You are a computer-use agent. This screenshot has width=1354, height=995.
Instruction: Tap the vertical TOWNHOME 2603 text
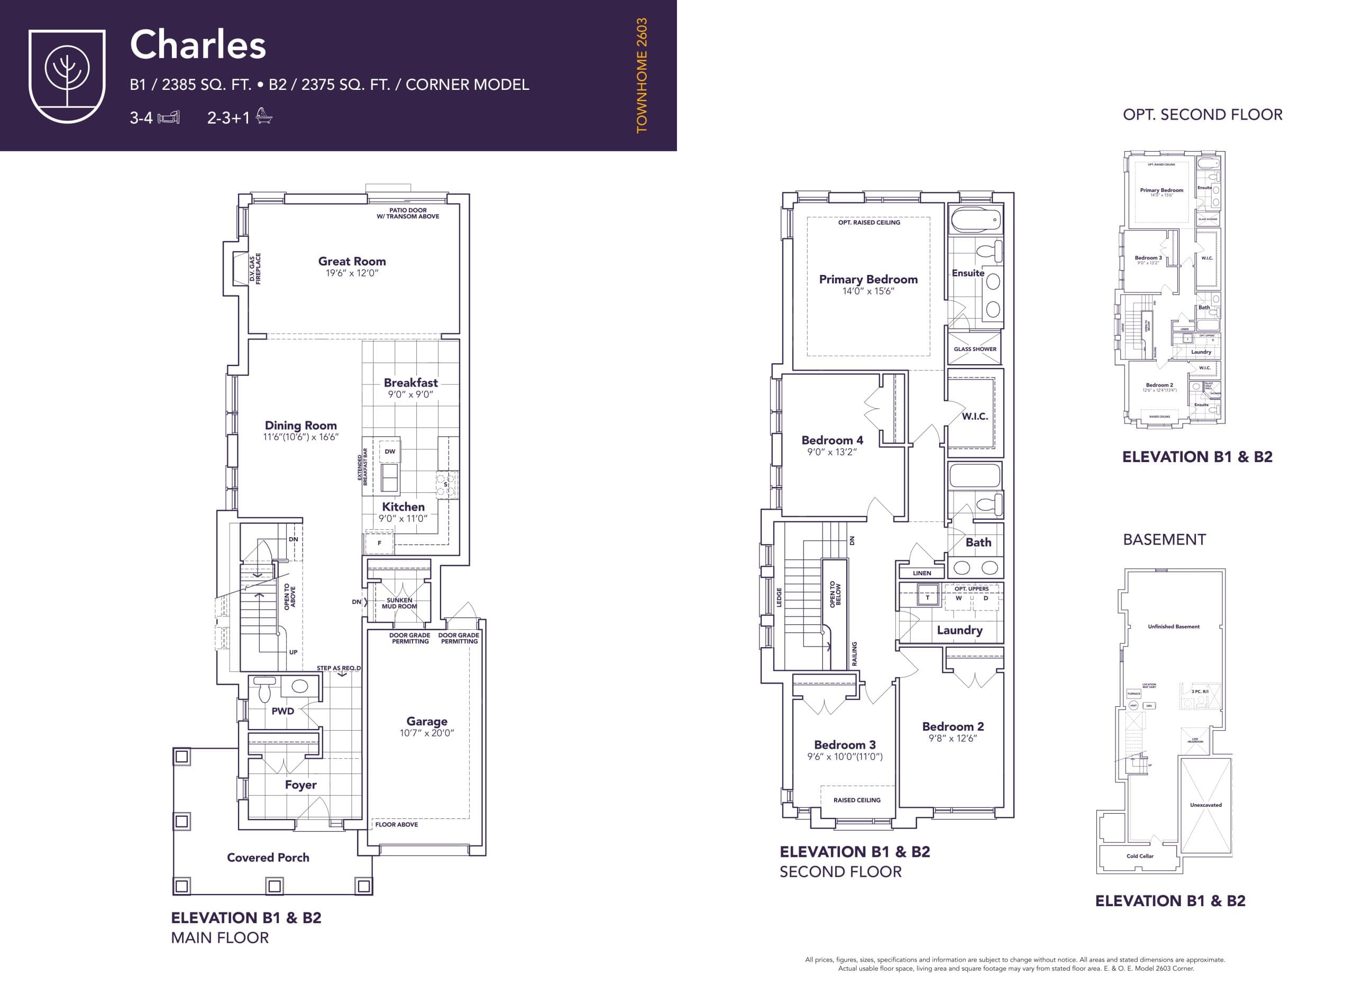click(x=641, y=75)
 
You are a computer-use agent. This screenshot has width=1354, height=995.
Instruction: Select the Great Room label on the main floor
click(x=352, y=261)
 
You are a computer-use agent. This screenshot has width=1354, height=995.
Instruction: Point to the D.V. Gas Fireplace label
click(x=255, y=269)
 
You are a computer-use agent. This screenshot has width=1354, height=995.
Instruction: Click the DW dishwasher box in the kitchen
click(x=390, y=451)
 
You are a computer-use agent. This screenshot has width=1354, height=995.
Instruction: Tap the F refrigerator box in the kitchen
click(x=379, y=542)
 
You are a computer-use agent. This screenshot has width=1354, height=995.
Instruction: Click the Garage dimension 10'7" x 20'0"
click(x=427, y=733)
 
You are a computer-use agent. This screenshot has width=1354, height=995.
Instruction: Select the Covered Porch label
click(x=268, y=857)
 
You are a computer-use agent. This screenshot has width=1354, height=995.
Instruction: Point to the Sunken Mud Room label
click(x=399, y=603)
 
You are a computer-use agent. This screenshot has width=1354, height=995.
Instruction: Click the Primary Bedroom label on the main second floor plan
click(x=868, y=280)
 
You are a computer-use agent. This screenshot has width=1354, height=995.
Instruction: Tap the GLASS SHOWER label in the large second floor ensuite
click(x=974, y=349)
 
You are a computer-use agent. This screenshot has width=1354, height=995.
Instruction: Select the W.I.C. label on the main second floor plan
click(x=974, y=416)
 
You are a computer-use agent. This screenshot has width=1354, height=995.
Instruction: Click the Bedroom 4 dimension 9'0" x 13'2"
click(x=831, y=452)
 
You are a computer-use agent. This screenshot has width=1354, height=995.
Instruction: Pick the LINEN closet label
click(x=921, y=573)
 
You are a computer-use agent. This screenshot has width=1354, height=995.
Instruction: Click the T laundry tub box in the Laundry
click(x=927, y=597)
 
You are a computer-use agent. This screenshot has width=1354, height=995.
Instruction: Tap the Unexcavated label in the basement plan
click(x=1205, y=805)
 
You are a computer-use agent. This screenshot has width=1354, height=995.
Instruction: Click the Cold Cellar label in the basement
click(x=1139, y=856)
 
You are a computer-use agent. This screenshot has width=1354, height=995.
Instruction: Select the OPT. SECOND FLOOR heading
click(x=1202, y=114)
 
